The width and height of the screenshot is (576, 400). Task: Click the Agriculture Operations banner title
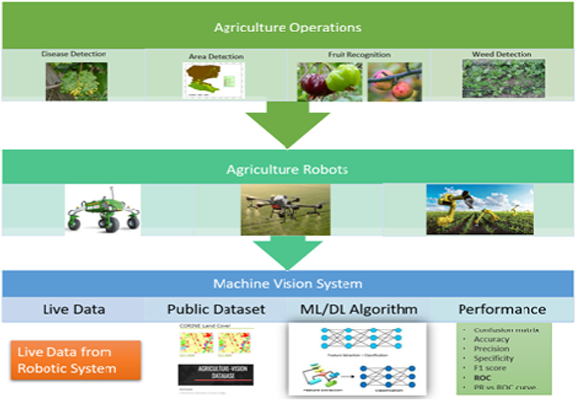(288, 27)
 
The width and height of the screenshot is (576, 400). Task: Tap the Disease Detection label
(74, 54)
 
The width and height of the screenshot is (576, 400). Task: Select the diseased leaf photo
(77, 82)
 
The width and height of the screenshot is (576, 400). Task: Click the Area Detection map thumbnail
(213, 80)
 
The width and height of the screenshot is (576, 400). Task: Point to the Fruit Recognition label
(359, 55)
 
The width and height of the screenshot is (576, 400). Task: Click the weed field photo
(503, 79)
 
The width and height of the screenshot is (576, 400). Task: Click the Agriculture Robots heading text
(287, 169)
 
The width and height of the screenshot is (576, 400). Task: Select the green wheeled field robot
(103, 210)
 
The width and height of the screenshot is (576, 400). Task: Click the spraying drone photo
(285, 209)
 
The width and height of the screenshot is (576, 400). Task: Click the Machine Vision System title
(288, 284)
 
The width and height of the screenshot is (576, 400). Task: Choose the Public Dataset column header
(216, 309)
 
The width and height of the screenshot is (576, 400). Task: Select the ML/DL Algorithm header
(358, 309)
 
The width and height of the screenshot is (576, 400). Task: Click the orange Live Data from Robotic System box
(75, 360)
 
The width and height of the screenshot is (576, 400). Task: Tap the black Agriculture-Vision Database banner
(216, 374)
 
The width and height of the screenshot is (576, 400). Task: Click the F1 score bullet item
(490, 368)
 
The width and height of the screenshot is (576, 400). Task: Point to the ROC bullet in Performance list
(482, 378)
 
